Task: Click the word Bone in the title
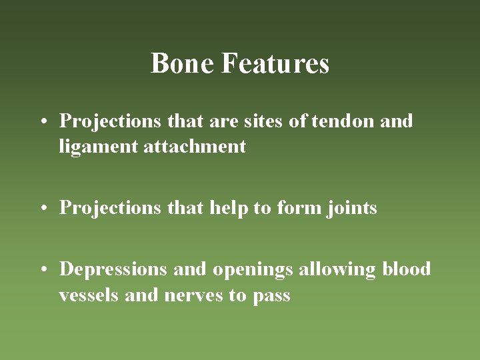(x=182, y=64)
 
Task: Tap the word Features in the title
(x=275, y=64)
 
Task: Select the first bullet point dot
(x=43, y=122)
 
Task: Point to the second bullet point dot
(x=43, y=209)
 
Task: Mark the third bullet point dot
(x=43, y=270)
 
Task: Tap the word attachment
(x=195, y=146)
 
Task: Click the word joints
(x=352, y=209)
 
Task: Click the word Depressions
(x=114, y=270)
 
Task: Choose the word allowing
(x=338, y=269)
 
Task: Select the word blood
(x=407, y=269)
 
